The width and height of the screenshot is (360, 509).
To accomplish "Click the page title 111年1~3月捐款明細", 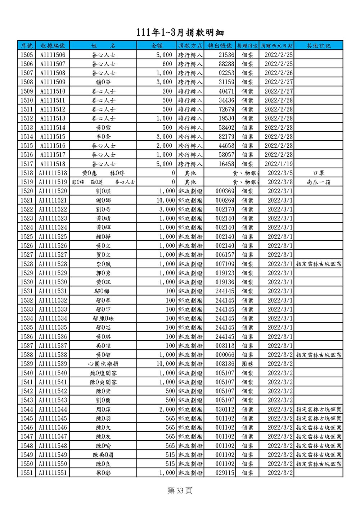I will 180,32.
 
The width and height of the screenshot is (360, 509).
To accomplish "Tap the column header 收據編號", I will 53,46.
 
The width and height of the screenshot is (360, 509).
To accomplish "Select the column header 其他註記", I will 319,46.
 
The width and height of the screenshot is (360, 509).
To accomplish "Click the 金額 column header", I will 157,46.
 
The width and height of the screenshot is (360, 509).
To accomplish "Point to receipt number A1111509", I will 53,82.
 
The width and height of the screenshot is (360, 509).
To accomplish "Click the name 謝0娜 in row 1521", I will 103,200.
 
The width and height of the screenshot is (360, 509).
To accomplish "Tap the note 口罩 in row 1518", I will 319,173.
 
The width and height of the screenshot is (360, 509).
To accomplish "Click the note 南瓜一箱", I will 319,182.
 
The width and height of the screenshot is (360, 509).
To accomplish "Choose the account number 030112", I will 225,409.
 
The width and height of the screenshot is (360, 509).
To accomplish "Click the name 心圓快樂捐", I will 103,364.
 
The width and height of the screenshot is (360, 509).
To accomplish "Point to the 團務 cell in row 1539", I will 247,364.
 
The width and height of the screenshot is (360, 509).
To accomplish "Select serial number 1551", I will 27,473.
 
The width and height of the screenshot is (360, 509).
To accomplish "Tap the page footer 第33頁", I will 180,491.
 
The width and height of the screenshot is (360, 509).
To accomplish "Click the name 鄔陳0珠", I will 103,318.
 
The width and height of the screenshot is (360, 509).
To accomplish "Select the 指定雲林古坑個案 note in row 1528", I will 319,264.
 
